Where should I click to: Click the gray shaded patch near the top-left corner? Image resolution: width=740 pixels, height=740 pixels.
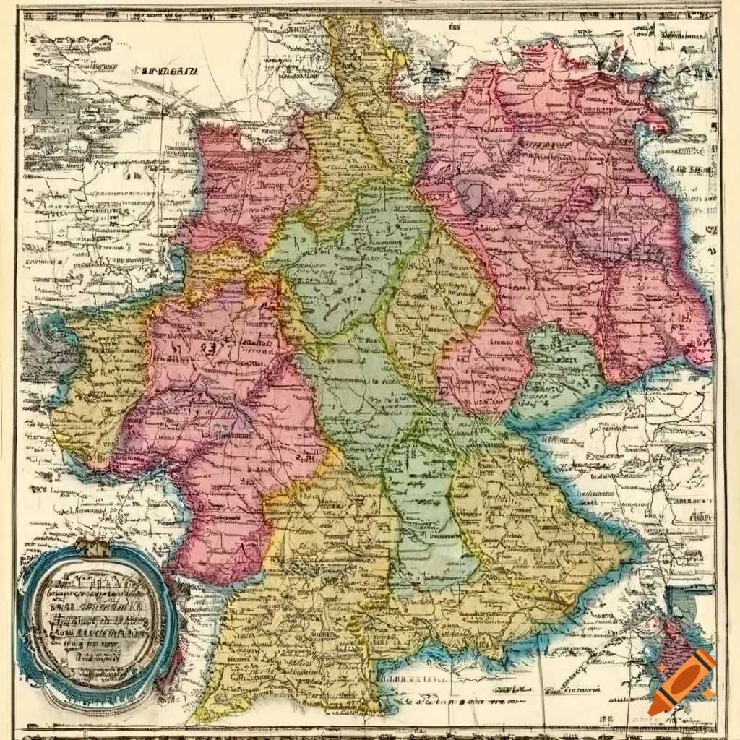(x=43, y=94)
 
